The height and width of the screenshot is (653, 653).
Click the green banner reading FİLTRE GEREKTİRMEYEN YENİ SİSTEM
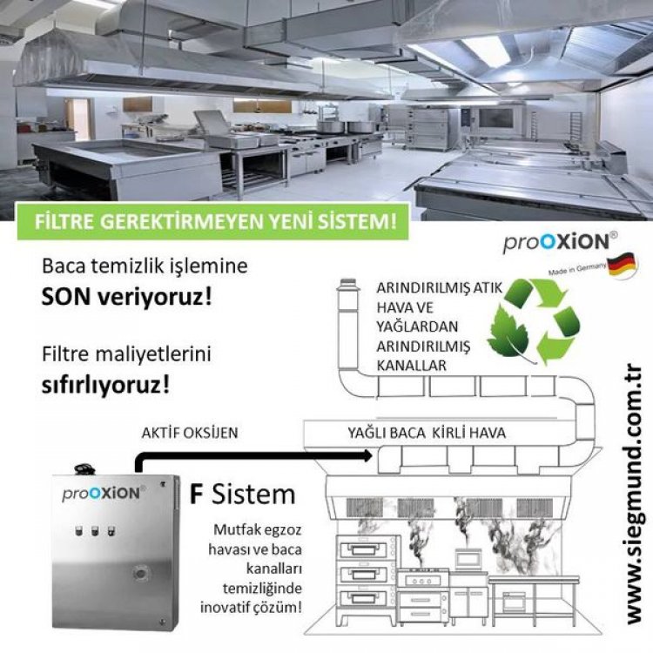[212, 221]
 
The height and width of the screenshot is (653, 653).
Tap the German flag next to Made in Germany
[623, 266]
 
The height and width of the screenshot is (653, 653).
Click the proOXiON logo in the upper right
[561, 242]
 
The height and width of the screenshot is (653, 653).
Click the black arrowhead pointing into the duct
[367, 455]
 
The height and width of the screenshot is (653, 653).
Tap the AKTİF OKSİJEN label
[190, 433]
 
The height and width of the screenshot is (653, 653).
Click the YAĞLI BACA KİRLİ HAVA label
[427, 433]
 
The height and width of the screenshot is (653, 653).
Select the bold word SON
[66, 298]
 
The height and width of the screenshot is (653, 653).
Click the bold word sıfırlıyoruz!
[105, 385]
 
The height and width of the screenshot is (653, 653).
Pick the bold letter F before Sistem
[197, 495]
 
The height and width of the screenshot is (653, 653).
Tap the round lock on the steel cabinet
[142, 574]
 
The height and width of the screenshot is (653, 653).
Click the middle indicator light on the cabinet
[95, 530]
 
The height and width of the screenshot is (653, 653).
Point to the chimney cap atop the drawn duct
[347, 284]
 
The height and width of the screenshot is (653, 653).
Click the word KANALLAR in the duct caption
[412, 366]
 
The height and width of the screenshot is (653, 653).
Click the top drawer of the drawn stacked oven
[364, 550]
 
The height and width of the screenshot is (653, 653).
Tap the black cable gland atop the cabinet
[85, 469]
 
